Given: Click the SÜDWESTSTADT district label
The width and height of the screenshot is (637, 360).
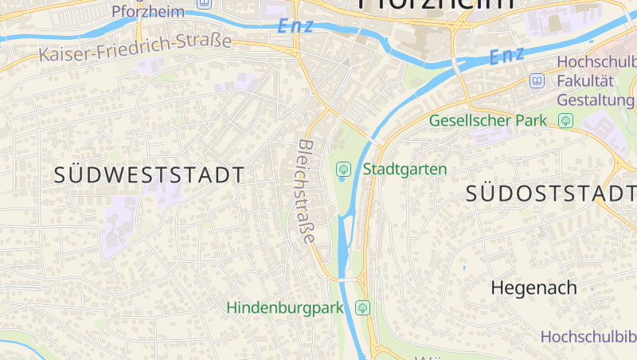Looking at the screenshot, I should tap(150, 175).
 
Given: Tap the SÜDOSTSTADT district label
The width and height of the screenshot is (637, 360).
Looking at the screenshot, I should tap(550, 193).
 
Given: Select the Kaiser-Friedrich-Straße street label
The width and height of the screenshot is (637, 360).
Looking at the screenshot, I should tap(135, 49).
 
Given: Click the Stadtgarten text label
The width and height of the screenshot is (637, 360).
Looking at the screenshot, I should tap(405, 169).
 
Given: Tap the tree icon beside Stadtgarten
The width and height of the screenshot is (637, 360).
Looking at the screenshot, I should tap(344, 169).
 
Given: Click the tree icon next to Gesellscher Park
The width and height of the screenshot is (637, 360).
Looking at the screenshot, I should tap(566, 120).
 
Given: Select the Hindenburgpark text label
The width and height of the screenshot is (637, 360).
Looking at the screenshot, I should tap(284, 307).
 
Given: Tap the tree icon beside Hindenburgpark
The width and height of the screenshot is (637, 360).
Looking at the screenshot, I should tap(363, 307).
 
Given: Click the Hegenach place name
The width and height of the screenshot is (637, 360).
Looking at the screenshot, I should tap(533, 288).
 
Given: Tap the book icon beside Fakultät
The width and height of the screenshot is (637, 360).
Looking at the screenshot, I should tap(537, 80).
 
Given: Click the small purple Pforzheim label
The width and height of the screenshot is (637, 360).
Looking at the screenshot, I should tap(148, 11).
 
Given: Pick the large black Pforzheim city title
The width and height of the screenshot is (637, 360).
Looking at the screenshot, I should tap(436, 3).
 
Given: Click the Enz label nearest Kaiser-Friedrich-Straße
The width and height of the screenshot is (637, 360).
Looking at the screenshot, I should tap(295, 25).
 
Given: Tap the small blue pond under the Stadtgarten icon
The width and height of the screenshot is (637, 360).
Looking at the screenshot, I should tap(342, 179).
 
